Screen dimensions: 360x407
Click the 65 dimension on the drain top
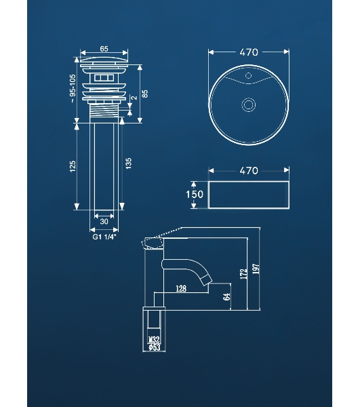click(104, 49)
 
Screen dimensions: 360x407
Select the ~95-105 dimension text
click(73, 88)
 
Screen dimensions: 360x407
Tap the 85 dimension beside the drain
click(145, 94)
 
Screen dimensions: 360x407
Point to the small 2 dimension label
click(135, 98)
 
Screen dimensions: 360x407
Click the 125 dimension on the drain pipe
click(73, 166)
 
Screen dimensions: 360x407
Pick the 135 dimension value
click(129, 163)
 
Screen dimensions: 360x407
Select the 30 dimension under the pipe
click(104, 221)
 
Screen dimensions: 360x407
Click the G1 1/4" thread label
click(104, 237)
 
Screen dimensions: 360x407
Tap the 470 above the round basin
click(249, 52)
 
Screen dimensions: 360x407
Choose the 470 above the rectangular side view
click(249, 170)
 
